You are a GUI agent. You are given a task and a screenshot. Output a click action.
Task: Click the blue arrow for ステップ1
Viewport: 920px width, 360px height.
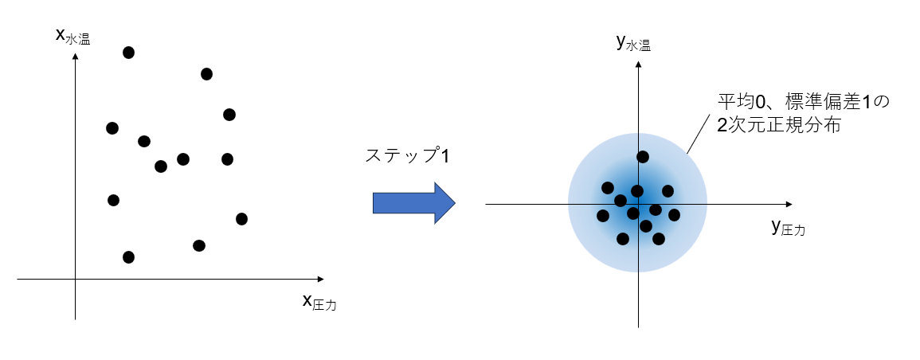tap(413, 204)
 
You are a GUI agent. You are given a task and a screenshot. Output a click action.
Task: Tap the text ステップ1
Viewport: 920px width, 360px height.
tap(407, 156)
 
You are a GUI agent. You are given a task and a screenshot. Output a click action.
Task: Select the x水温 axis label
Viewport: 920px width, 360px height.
tap(72, 37)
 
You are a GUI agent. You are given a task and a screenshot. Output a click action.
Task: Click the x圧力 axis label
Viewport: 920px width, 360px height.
tap(319, 302)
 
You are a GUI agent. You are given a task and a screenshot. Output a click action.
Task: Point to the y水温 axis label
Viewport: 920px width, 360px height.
tap(633, 44)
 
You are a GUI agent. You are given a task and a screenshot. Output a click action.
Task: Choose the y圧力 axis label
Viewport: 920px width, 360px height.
tap(788, 227)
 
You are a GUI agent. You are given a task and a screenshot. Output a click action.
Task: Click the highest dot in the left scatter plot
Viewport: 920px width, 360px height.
tap(128, 53)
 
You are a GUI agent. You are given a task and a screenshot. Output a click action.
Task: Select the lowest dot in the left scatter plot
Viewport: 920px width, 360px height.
tap(129, 256)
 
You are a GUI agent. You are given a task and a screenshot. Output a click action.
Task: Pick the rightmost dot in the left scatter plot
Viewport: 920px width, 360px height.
tap(241, 218)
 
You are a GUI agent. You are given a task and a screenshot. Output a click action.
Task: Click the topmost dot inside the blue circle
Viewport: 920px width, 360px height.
tap(642, 156)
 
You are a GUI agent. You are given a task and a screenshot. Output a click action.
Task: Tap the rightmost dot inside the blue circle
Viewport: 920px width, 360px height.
tap(674, 214)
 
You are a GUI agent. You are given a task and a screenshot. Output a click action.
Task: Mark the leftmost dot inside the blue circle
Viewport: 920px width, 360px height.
tap(602, 215)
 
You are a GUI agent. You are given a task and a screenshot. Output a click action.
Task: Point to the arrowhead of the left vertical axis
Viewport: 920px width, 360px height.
tap(75, 56)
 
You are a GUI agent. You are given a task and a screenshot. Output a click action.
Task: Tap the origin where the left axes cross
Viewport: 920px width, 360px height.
tap(75, 279)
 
